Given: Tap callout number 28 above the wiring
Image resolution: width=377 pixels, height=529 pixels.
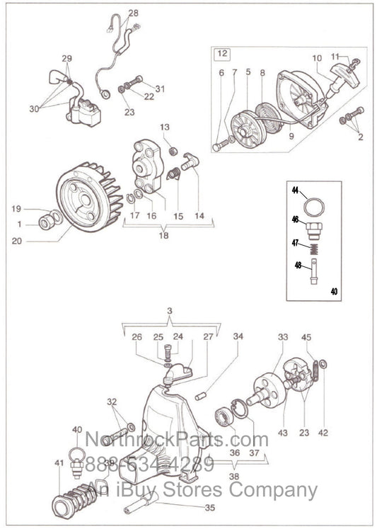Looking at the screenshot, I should tap(134, 13).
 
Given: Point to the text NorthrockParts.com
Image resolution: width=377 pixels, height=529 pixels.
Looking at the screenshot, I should tap(177, 443).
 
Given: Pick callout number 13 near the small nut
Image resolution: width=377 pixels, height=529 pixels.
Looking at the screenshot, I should tap(165, 127).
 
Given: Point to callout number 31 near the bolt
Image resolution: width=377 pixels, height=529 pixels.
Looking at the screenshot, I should tap(161, 89).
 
